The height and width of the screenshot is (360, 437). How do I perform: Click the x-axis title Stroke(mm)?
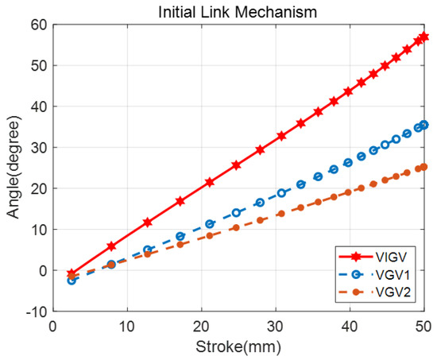tap(238, 346)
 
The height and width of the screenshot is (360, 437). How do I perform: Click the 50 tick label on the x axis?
tap(424, 326)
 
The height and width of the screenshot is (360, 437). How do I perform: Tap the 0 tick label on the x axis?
tap(52, 326)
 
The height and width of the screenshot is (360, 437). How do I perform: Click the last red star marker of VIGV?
tap(423, 37)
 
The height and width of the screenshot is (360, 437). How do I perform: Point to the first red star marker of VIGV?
tap(72, 273)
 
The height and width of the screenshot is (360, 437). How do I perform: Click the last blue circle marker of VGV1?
tap(423, 125)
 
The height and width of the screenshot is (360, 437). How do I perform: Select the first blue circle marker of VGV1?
tap(72, 280)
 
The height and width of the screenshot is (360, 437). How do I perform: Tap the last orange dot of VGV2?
tap(423, 167)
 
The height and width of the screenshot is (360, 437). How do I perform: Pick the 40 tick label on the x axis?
tap(350, 326)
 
